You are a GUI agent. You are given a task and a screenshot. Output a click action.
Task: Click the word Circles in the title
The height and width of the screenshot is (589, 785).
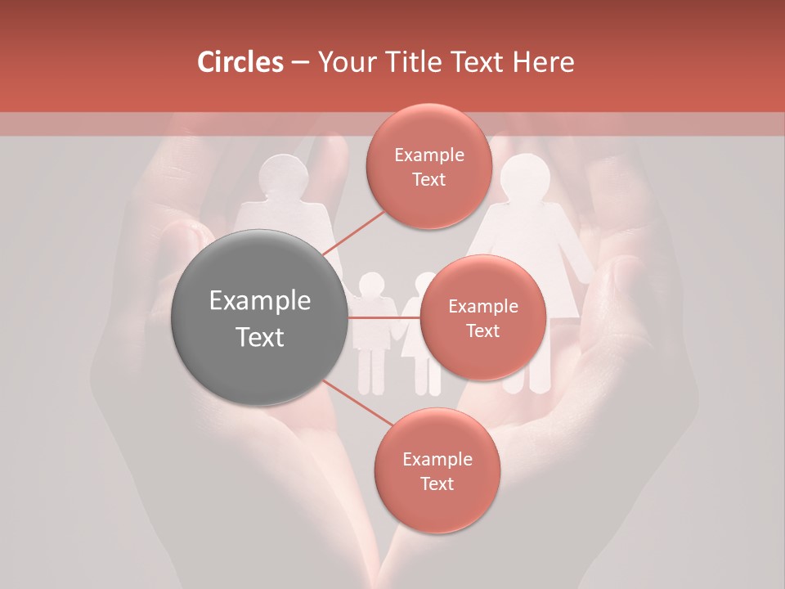click(x=240, y=61)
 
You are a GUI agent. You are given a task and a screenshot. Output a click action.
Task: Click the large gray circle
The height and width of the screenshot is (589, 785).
click(x=260, y=317)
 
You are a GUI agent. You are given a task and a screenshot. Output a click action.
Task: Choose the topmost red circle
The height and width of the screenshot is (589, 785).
click(x=428, y=166)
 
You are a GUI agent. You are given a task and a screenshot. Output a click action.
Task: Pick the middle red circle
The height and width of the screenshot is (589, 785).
click(x=482, y=317)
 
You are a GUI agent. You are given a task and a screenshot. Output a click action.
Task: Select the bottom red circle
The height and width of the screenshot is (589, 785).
click(x=437, y=470)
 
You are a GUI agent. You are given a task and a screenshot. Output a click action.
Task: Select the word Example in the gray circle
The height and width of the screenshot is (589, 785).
click(x=260, y=301)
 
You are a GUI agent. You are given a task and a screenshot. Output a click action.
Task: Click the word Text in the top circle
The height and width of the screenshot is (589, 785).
click(x=428, y=179)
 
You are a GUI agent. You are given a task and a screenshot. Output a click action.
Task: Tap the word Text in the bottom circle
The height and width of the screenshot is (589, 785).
click(x=437, y=483)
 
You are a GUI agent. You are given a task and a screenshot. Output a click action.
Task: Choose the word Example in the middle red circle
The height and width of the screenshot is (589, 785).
click(x=482, y=306)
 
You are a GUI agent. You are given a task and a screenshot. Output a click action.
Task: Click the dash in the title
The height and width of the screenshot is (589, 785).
click(x=300, y=61)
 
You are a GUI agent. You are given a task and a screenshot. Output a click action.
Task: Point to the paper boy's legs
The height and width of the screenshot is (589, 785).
click(x=371, y=372)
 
